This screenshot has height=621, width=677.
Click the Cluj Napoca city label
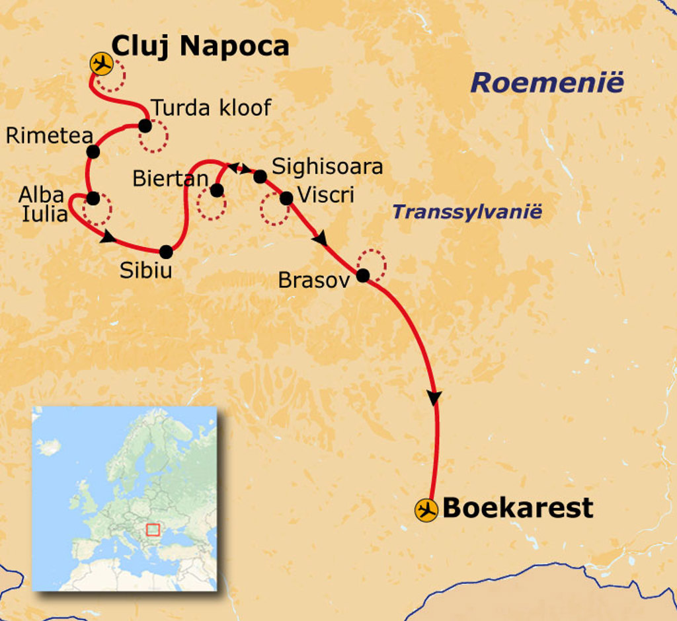click(x=200, y=46)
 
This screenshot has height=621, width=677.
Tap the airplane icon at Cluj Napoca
click(x=101, y=64)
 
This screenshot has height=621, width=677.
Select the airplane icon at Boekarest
click(x=426, y=510)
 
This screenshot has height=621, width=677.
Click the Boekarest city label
click(x=518, y=508)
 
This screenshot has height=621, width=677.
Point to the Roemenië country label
click(x=547, y=84)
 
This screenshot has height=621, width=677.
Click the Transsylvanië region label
click(x=467, y=212)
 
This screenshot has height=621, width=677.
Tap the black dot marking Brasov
click(x=363, y=275)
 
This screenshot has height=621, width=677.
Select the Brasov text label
click(x=313, y=280)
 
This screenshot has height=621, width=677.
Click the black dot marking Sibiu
click(x=166, y=252)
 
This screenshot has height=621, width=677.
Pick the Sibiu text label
click(x=145, y=270)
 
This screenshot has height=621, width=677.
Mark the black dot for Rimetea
click(x=93, y=151)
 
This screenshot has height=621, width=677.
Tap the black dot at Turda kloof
click(x=145, y=126)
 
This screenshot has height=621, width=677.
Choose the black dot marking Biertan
click(x=216, y=190)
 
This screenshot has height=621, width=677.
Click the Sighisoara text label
click(x=327, y=166)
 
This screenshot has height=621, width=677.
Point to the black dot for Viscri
click(x=286, y=198)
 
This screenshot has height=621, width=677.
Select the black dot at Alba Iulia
click(x=93, y=198)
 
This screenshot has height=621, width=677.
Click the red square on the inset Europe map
click(x=153, y=529)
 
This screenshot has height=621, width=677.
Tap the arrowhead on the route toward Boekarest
click(x=434, y=398)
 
